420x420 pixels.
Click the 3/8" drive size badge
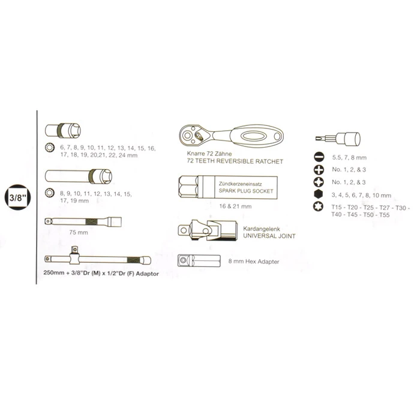click(18, 197)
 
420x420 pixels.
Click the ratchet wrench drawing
click(231, 136)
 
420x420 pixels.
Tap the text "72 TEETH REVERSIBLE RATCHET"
click(235, 161)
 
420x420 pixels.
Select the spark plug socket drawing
click(228, 187)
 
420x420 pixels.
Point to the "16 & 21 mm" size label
click(235, 206)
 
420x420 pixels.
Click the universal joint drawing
click(208, 230)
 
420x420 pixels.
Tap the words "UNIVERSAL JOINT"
click(269, 236)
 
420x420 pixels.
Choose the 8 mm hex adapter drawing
click(199, 260)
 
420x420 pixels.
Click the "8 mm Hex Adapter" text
click(254, 262)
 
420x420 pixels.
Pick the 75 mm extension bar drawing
click(83, 221)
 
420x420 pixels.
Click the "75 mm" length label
click(79, 233)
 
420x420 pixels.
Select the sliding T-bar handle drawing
click(98, 257)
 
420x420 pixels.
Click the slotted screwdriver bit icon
click(319, 157)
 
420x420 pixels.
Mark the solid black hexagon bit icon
click(319, 194)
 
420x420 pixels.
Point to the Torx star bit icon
click(319, 207)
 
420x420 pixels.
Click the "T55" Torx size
click(385, 215)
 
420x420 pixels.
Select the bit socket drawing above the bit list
click(338, 139)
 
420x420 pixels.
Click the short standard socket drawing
click(63, 131)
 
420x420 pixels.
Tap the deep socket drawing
click(79, 176)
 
